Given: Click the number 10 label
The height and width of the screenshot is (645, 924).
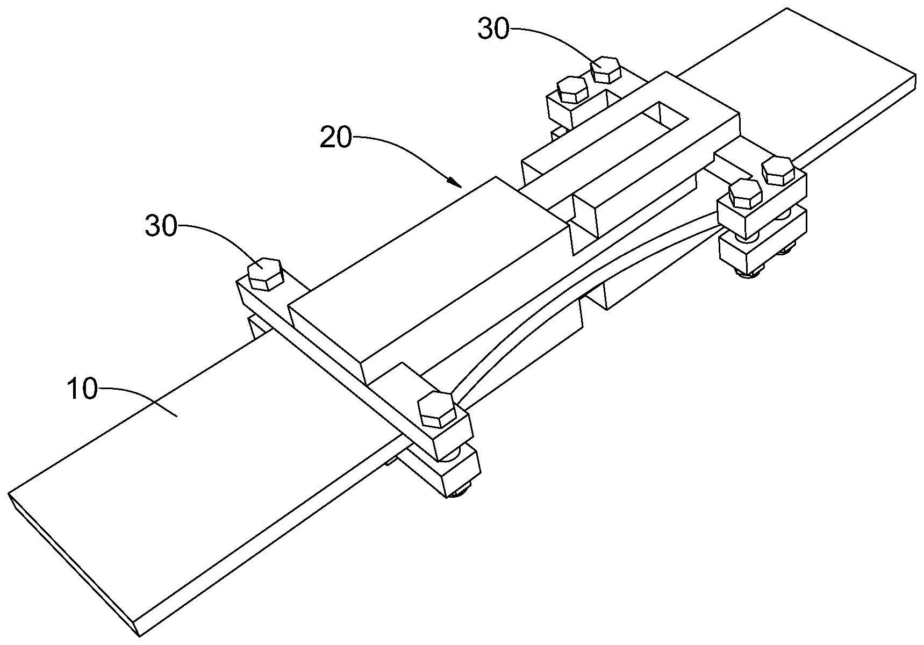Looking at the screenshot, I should pyautogui.click(x=82, y=389).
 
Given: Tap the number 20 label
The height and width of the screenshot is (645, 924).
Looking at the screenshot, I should pyautogui.click(x=335, y=138).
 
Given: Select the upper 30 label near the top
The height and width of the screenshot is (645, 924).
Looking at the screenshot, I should pyautogui.click(x=493, y=30).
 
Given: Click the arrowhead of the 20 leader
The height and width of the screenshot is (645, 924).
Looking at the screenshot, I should pyautogui.click(x=457, y=183).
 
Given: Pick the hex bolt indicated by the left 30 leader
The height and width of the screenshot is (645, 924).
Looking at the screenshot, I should pyautogui.click(x=265, y=274).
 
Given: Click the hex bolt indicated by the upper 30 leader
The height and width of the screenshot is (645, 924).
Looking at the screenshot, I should pyautogui.click(x=606, y=69).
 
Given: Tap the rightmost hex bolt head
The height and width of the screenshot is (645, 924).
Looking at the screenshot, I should pyautogui.click(x=777, y=170).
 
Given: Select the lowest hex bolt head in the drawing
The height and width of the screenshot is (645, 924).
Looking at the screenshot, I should pyautogui.click(x=437, y=408).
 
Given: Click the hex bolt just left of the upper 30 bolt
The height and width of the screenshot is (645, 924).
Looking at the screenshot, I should pyautogui.click(x=571, y=89).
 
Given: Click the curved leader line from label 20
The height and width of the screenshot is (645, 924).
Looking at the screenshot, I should pyautogui.click(x=403, y=148).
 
